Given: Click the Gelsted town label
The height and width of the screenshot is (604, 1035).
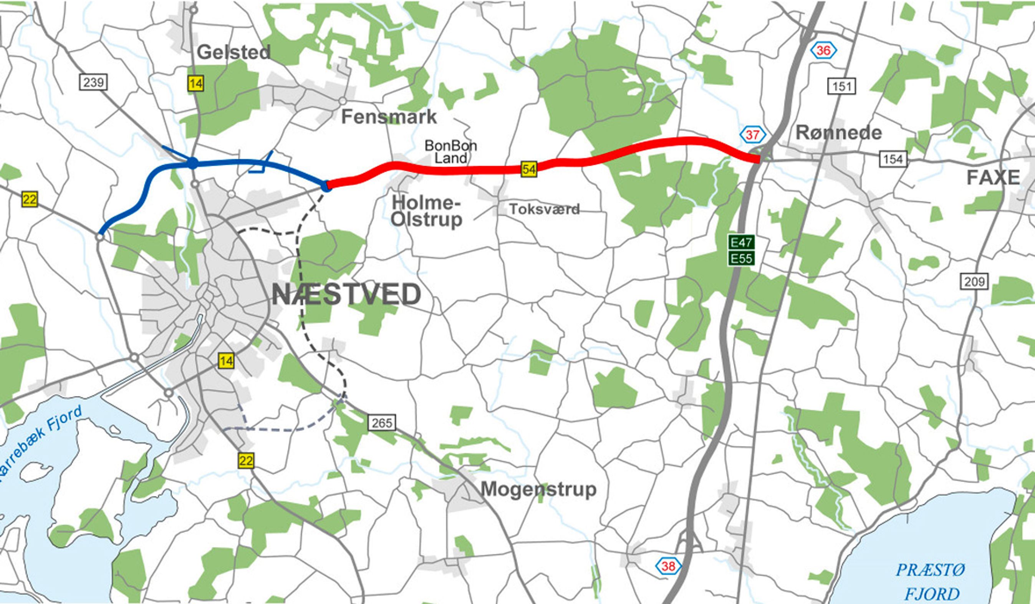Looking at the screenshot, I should [233, 52].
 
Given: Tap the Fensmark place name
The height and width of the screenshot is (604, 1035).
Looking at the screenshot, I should [389, 117].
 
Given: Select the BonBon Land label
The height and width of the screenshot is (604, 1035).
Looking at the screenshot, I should [450, 152].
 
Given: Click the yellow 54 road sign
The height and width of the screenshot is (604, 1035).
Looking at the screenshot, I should [528, 169].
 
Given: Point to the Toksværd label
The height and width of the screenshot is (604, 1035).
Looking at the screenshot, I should [544, 209].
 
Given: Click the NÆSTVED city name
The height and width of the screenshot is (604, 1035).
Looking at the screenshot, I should [346, 294].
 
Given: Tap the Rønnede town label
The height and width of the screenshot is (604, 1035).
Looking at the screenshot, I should [839, 133].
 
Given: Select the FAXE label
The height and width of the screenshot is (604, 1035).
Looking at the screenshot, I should [993, 178].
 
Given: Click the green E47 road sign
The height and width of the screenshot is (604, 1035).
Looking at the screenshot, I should [741, 242].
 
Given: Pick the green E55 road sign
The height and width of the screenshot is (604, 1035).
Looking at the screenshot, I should [741, 259].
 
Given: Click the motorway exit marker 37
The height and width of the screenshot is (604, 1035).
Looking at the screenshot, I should [752, 135].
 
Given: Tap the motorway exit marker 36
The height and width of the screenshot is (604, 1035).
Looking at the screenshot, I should [823, 51].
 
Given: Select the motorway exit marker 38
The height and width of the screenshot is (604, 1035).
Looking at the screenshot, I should [668, 566].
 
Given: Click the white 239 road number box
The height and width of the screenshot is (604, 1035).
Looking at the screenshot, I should [93, 83].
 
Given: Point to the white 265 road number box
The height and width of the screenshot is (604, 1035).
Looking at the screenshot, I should [382, 422].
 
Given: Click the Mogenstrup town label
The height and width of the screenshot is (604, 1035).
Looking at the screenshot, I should [538, 490].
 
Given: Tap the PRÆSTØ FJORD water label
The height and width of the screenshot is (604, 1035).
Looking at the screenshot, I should [929, 582].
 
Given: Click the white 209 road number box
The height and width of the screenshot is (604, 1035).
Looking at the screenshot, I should [974, 282].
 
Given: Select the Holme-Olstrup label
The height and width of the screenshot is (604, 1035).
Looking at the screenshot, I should [426, 211].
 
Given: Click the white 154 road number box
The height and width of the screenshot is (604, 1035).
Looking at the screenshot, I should [893, 159].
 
